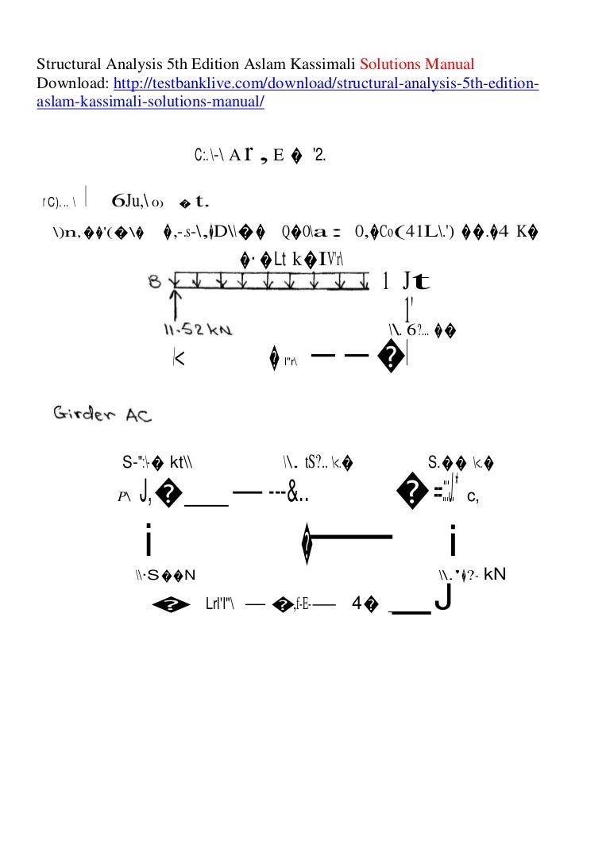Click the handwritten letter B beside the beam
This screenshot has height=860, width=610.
(155, 281)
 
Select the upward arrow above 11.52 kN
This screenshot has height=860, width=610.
(176, 303)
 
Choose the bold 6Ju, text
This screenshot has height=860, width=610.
(129, 201)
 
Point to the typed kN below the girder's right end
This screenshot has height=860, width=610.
(494, 573)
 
